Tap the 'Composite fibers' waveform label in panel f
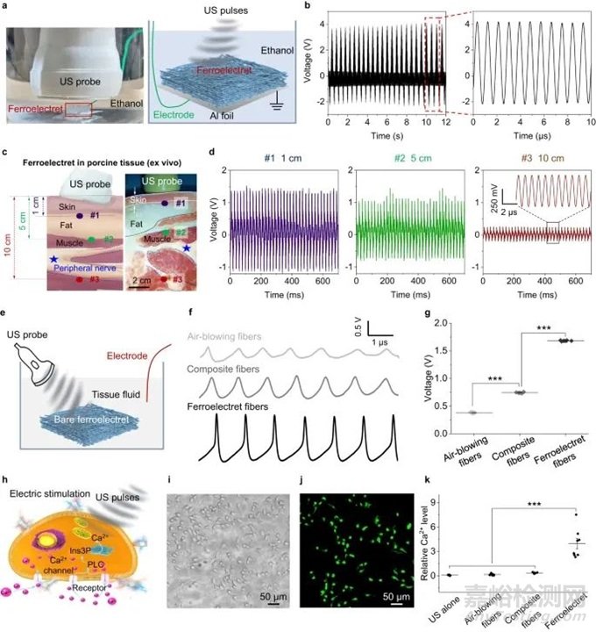tap(229, 370)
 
